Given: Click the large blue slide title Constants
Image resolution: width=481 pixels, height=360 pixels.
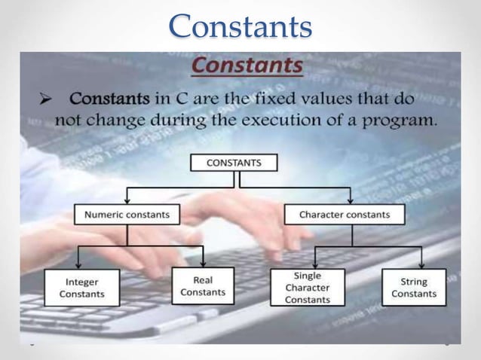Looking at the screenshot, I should (x=240, y=26).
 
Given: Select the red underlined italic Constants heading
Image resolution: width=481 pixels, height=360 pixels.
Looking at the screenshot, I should (x=247, y=67).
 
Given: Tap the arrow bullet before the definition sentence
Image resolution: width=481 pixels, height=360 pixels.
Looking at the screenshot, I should (x=45, y=99).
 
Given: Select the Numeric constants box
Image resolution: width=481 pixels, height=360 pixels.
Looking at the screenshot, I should (x=127, y=215).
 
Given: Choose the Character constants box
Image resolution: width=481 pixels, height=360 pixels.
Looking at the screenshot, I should (x=345, y=215).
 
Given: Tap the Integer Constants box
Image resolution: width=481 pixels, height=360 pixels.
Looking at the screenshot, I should (x=81, y=288).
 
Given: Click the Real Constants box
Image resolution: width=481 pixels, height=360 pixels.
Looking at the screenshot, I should (x=203, y=286).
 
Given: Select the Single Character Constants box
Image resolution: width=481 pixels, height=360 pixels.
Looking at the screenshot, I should (x=307, y=288).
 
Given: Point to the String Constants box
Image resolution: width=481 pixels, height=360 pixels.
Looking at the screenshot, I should (x=413, y=288).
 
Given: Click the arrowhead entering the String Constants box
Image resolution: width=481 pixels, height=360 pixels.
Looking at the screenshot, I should (x=421, y=265).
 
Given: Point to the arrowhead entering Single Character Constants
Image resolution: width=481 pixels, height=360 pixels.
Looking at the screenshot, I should (x=316, y=265).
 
